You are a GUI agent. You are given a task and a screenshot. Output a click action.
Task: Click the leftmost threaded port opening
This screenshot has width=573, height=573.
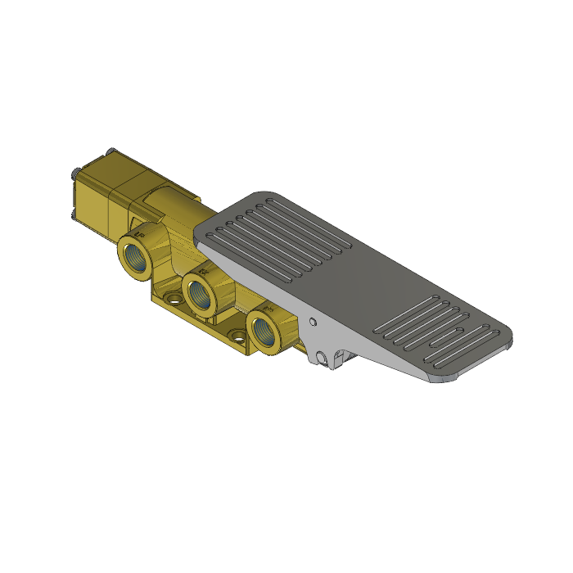click(x=133, y=253)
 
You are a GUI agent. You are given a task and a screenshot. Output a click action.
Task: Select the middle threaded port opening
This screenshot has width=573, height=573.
click(x=199, y=292)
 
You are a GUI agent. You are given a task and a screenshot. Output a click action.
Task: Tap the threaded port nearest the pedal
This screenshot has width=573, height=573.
click(x=264, y=330)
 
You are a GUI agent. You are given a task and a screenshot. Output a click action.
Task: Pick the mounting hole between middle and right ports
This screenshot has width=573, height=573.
click(x=237, y=334)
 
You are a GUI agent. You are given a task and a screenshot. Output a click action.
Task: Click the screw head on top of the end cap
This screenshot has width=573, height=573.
click(x=111, y=151)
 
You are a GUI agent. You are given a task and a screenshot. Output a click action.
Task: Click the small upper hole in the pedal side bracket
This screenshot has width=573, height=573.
click(x=313, y=322)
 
